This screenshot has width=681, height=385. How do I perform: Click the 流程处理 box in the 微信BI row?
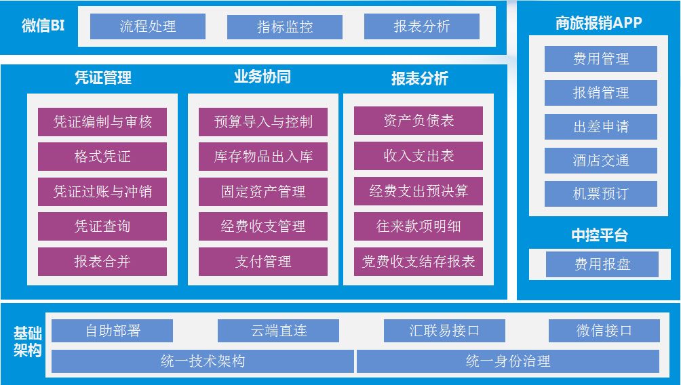click(x=148, y=26)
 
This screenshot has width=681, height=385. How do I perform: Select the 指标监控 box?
click(x=285, y=26)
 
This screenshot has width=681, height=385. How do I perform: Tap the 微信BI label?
click(x=43, y=26)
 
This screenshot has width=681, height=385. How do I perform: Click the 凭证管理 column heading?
click(x=102, y=77)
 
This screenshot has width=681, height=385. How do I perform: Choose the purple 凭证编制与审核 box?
click(x=102, y=122)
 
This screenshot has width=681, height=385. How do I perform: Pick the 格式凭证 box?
click(x=102, y=157)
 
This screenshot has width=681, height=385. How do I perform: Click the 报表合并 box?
click(x=102, y=262)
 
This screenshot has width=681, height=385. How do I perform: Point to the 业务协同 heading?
click(x=262, y=77)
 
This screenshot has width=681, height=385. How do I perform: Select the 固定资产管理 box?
click(x=263, y=192)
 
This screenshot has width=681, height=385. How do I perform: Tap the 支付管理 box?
click(x=263, y=262)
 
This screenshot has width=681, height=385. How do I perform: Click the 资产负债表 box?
click(x=419, y=121)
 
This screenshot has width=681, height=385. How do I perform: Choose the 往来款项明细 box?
click(x=419, y=226)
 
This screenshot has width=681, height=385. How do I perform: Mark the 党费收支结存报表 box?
click(x=419, y=262)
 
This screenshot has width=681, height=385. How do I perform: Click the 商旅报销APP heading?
click(x=598, y=23)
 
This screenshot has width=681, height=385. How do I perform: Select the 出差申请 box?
click(x=601, y=127)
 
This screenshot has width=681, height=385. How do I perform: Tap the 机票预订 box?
click(x=601, y=194)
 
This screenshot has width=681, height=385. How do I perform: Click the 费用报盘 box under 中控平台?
click(x=602, y=264)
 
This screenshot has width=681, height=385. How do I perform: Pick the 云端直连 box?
click(x=278, y=331)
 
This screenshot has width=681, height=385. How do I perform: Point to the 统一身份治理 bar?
click(x=508, y=361)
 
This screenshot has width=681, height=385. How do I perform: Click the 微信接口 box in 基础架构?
click(x=604, y=331)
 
